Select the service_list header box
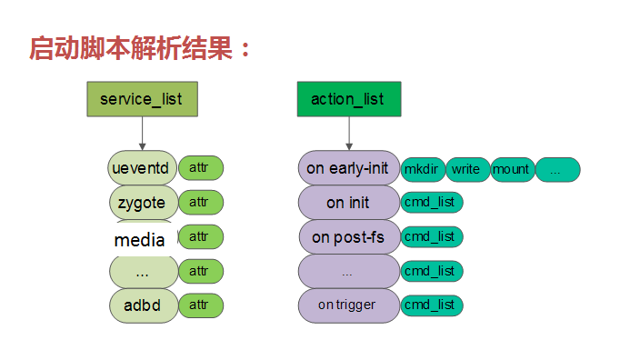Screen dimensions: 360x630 pos(141,99)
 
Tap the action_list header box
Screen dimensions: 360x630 pos(348,99)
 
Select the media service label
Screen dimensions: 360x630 pos(140,240)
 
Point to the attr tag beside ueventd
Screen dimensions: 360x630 pos(200,168)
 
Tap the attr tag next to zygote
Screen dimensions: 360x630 pos(200,202)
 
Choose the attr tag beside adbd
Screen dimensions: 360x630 pos(200,305)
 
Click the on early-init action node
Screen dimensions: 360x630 pos(348,168)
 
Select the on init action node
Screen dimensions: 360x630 pos(348,202)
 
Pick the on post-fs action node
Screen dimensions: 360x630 pos(348,236)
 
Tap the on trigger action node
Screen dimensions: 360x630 pos(348,305)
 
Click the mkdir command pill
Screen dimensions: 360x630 pos(422,169)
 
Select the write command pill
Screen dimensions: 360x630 pos(466,169)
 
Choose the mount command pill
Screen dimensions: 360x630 pos(511,169)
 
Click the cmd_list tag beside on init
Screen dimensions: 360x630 pos(431,202)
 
